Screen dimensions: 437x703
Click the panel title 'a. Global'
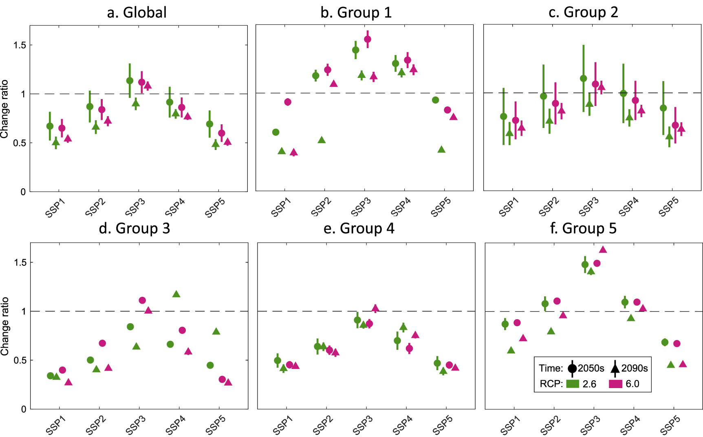(x=137, y=12)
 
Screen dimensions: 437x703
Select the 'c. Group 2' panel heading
(x=583, y=12)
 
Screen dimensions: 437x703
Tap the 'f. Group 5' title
(x=583, y=228)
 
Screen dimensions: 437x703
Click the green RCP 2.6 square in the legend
(x=573, y=384)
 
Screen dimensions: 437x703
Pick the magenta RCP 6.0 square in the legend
(x=615, y=384)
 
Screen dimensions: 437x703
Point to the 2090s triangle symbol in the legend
(x=615, y=369)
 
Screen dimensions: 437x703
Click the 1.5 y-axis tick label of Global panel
(x=20, y=45)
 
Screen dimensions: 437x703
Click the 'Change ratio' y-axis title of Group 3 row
(x=5, y=326)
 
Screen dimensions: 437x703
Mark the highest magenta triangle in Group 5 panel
(x=603, y=249)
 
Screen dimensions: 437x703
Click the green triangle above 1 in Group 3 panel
(x=176, y=294)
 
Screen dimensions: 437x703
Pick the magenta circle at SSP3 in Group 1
(x=368, y=40)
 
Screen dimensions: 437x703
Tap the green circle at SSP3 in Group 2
(x=584, y=79)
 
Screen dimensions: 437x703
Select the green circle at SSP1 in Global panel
(x=50, y=126)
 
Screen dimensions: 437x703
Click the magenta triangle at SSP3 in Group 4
(x=375, y=308)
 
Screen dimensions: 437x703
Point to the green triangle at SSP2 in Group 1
(x=322, y=140)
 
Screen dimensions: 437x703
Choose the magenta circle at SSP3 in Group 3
(x=142, y=300)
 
